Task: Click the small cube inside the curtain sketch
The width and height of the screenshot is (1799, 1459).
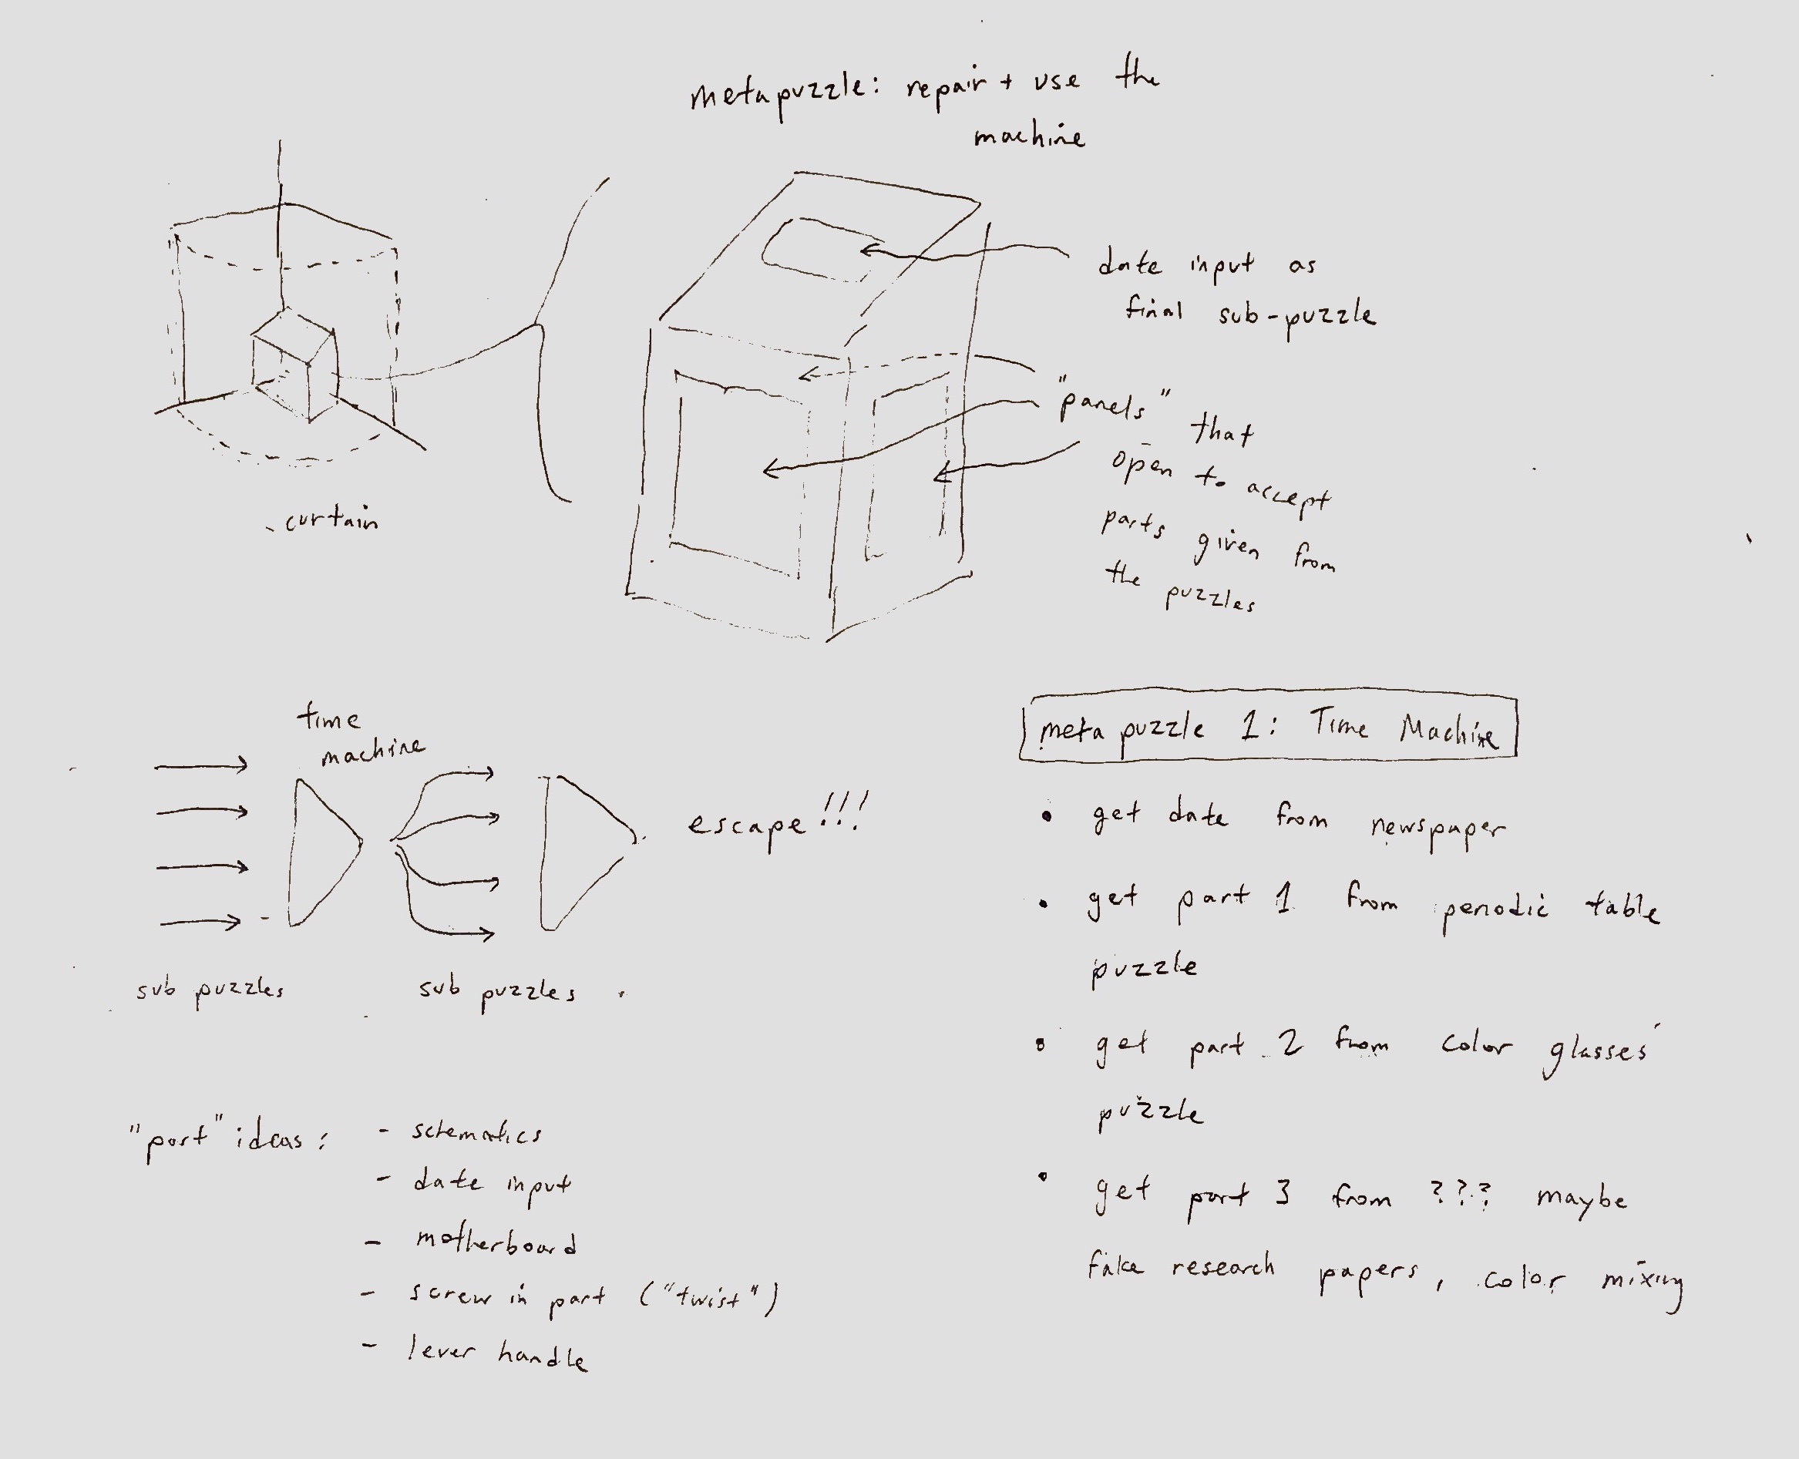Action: coord(294,365)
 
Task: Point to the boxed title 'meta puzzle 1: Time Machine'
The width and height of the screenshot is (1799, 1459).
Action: coord(1269,728)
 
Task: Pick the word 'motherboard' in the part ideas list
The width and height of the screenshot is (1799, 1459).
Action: coord(496,1242)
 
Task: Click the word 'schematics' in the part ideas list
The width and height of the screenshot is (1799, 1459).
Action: coord(476,1133)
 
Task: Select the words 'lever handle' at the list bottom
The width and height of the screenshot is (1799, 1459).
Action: coord(497,1353)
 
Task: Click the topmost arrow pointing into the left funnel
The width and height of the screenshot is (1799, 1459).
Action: coord(202,765)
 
